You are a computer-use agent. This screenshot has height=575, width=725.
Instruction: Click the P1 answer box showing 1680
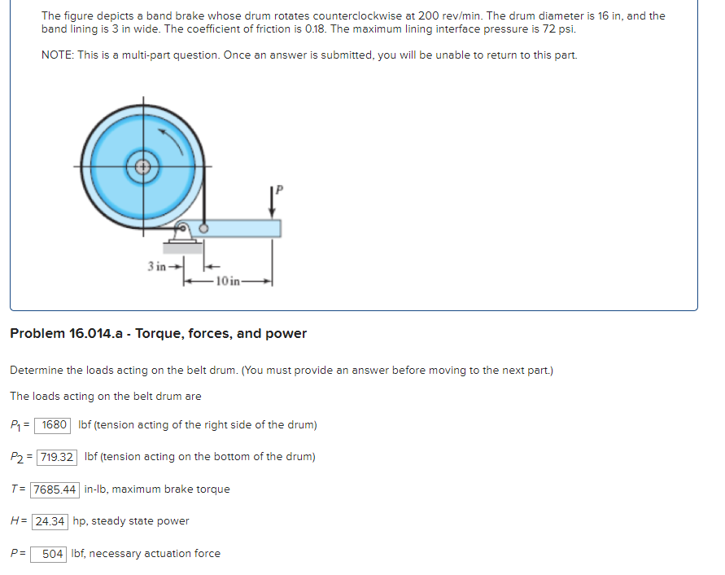point(55,424)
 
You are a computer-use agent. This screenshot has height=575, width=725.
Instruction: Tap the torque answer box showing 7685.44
point(55,489)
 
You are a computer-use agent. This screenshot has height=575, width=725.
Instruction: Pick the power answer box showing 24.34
point(50,521)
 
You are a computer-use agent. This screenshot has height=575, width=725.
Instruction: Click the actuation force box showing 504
point(52,554)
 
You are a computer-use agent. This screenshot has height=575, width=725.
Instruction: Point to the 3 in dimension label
point(157,266)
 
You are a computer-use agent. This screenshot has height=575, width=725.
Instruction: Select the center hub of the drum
point(143,168)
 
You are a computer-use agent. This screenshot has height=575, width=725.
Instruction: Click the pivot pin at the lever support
point(185,230)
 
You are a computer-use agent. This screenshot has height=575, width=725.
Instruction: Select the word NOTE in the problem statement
point(57,55)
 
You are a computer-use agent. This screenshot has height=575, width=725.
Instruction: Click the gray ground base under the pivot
point(182,246)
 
